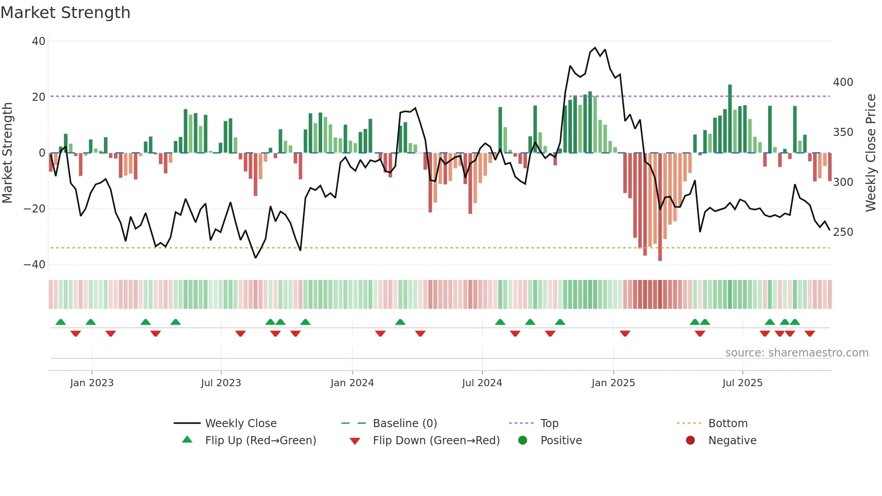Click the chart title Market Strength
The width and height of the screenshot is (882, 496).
65,12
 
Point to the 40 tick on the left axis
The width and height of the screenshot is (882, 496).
39,41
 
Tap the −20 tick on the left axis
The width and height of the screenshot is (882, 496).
35,209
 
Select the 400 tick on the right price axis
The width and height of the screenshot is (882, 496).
843,82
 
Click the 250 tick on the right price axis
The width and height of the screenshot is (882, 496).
843,232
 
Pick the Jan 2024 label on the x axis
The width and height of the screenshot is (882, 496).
352,383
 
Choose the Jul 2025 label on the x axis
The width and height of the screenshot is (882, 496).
742,383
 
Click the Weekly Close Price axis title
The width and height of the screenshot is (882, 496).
871,153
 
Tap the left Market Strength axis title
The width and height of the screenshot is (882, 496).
7,153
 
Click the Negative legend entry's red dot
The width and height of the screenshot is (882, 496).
690,441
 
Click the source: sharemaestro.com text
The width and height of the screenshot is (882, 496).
796,353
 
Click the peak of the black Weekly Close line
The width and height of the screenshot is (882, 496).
595,48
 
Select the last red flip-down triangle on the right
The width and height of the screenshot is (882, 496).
810,334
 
